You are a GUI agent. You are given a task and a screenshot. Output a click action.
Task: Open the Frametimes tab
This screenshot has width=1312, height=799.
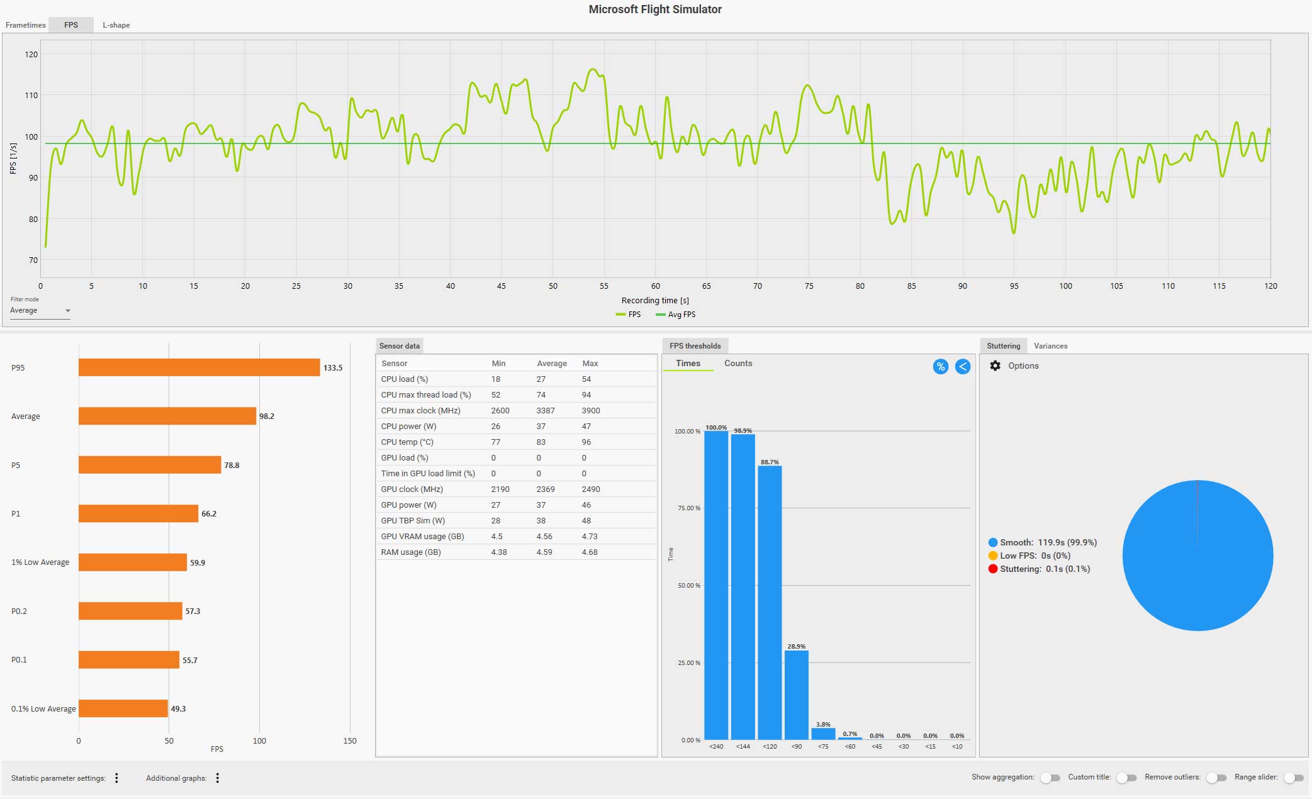(26, 25)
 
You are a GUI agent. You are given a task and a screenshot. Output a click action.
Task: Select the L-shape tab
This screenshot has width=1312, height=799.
(116, 25)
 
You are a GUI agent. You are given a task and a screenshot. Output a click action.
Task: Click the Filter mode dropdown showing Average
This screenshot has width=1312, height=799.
(40, 311)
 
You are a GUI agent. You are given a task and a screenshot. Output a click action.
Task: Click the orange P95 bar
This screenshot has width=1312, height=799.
(199, 367)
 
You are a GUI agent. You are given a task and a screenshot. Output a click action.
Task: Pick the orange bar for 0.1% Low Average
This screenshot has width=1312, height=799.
(123, 708)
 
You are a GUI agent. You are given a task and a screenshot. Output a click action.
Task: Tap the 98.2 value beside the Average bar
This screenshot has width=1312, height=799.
(267, 416)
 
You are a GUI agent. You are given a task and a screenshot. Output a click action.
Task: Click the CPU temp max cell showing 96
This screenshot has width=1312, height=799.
(586, 442)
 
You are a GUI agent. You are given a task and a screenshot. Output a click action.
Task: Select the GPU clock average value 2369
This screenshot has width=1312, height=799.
(545, 489)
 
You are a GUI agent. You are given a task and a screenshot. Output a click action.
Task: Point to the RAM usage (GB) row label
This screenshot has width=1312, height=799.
(411, 552)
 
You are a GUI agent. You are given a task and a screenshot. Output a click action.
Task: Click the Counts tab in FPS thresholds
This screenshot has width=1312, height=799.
(738, 364)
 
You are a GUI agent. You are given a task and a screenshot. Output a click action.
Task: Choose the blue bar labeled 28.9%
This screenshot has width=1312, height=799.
(796, 695)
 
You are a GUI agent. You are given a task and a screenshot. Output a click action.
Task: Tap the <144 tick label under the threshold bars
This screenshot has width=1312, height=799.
(743, 747)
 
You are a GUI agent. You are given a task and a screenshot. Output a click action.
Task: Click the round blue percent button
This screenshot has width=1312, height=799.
(940, 367)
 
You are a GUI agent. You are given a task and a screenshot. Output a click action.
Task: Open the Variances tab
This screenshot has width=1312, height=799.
(1050, 346)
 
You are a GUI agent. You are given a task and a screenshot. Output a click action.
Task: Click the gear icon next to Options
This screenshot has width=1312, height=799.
(995, 366)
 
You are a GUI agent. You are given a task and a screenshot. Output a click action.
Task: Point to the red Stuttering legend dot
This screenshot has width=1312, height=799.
(993, 569)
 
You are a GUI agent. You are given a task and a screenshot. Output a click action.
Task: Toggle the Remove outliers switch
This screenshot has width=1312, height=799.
(1216, 778)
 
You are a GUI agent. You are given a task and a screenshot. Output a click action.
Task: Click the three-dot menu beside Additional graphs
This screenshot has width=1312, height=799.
(218, 778)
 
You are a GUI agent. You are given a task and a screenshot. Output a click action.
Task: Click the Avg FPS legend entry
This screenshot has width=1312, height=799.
(676, 315)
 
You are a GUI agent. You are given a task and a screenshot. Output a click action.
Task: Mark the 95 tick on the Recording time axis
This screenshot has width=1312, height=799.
(1014, 286)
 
